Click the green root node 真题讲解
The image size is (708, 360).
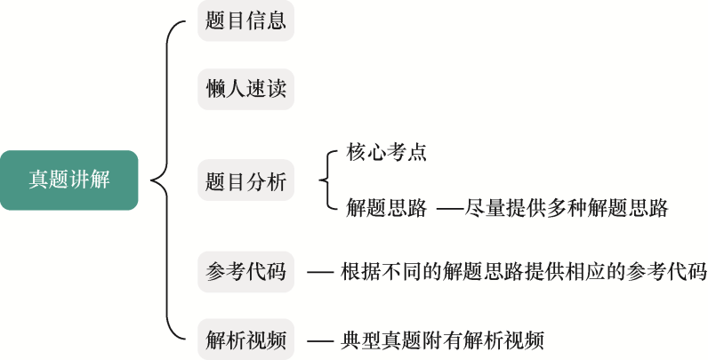pos(68,180)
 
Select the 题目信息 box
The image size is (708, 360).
pos(245,20)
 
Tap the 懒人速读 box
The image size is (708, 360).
pos(245,89)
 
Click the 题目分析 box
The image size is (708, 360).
pos(245,182)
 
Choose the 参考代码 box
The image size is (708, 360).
pos(245,272)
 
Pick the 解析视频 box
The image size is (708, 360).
pos(245,340)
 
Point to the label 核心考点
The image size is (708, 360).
pos(387,153)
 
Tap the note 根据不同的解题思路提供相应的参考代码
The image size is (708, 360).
pos(523,272)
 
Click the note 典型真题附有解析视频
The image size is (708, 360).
pos(441,340)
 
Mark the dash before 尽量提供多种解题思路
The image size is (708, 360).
pos(450,210)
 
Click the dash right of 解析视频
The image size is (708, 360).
pos(318,340)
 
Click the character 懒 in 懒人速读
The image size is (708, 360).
pos(215,89)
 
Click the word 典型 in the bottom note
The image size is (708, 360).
pos(359,340)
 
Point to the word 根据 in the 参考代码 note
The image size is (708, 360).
pos(359,272)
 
